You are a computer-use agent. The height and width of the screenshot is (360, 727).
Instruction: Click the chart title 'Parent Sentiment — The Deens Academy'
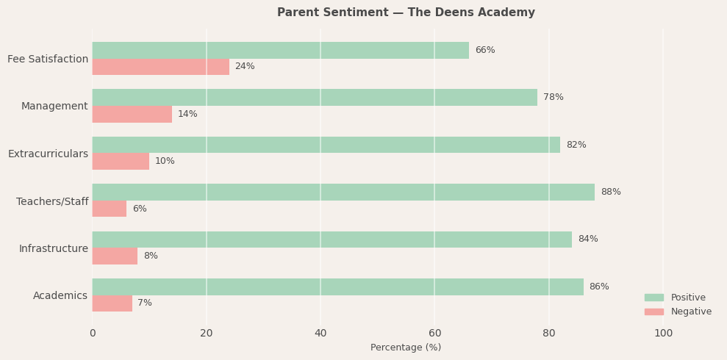pos(406,12)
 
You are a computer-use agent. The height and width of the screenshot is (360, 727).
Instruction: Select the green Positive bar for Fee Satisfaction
pos(280,50)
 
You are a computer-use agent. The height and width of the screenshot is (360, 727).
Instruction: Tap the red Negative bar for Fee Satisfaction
pos(160,67)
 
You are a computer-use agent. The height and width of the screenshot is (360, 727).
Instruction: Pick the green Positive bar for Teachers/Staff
pos(343,192)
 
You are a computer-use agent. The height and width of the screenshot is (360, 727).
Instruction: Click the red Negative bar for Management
pos(132,114)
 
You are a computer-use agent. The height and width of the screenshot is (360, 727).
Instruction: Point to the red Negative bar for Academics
pos(112,303)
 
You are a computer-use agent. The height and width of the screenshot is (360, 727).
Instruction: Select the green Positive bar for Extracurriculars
pos(326,145)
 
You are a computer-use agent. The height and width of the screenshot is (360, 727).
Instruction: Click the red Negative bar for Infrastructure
pos(115,256)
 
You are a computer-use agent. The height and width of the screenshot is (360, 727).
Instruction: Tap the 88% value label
pos(610,192)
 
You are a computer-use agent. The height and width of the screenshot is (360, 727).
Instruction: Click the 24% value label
pos(245,67)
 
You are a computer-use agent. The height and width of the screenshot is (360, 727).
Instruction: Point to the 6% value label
pos(140,209)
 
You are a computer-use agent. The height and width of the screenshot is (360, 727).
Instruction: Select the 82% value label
pos(576,145)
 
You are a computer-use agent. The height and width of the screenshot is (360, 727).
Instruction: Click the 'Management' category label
pos(54,107)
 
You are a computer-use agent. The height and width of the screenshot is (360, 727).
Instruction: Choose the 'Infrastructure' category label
pos(53,249)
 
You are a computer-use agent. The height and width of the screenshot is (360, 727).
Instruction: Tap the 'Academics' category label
pos(60,296)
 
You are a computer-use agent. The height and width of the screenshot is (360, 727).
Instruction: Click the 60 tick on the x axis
pos(434,334)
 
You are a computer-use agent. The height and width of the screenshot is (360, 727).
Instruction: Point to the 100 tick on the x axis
pos(663,334)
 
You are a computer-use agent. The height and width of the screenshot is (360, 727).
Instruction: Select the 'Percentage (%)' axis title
pos(406,348)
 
